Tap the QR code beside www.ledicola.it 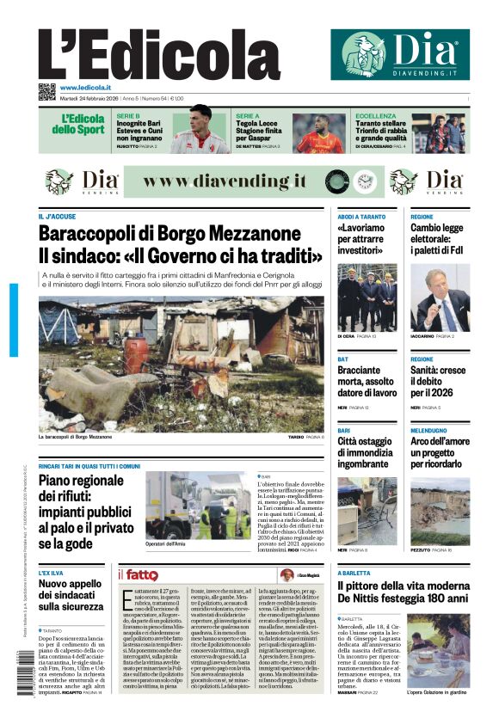click(46, 89)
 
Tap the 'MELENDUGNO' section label click(428, 430)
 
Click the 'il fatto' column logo click(138, 574)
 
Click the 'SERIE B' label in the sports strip click(128, 114)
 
